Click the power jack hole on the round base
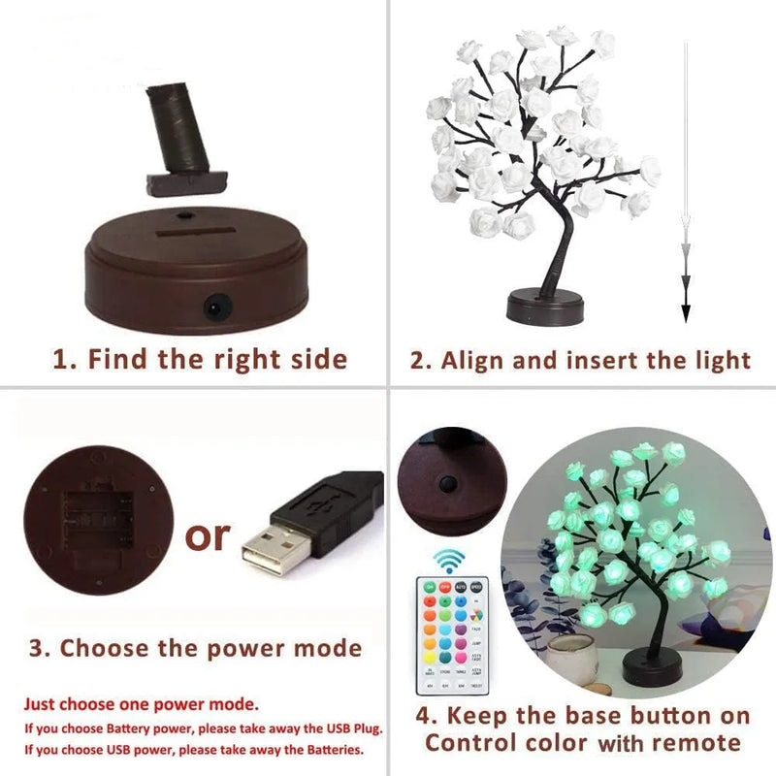click(210, 307)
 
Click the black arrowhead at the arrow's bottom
click(685, 311)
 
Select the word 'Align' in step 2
click(474, 361)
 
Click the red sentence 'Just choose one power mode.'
click(142, 704)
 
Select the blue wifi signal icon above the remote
click(449, 561)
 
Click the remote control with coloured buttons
click(451, 634)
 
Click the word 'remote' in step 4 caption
click(695, 744)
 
